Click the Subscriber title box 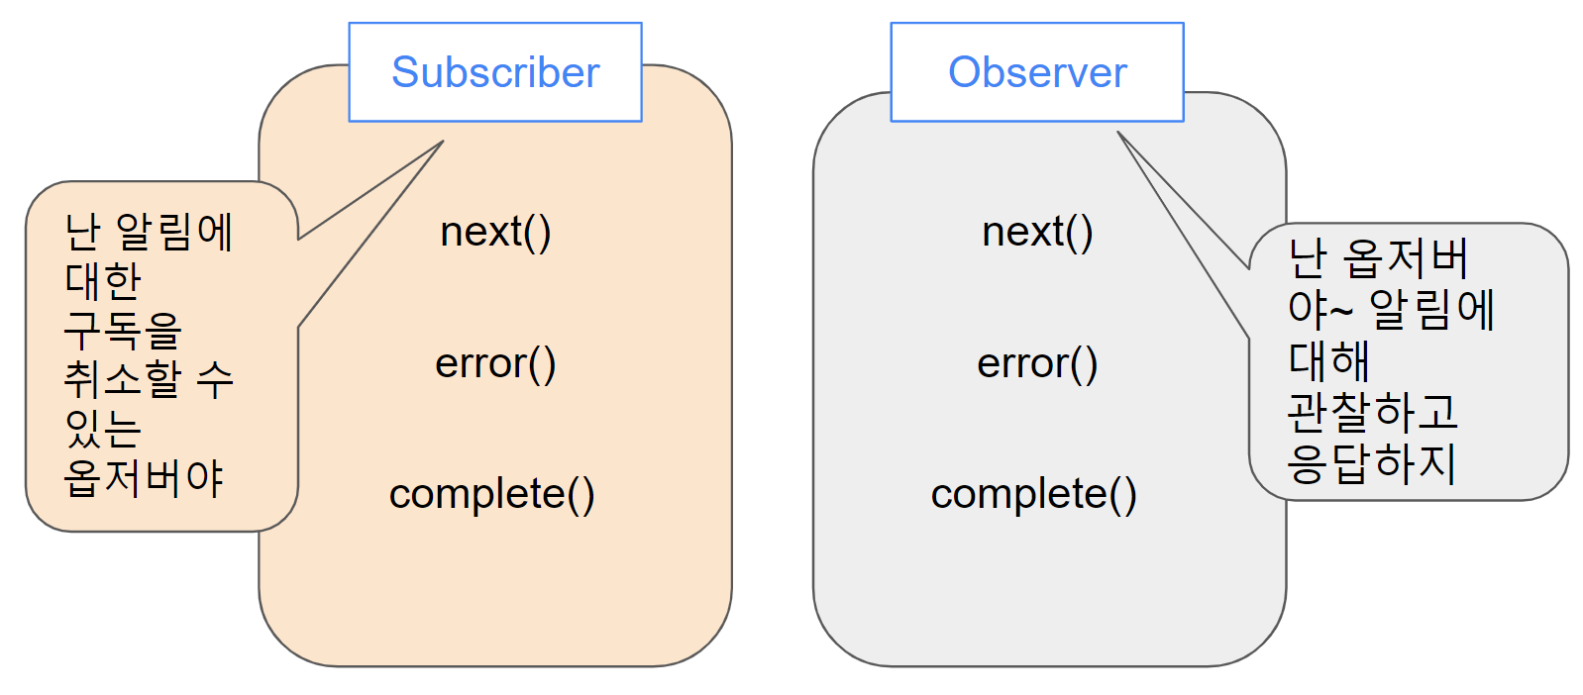(495, 72)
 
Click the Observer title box (1037, 72)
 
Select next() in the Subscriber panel (495, 232)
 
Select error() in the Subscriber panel (495, 363)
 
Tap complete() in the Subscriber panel (491, 494)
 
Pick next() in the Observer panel (1037, 232)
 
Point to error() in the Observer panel (1037, 363)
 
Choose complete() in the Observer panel (1033, 494)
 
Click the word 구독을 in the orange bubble (123, 330)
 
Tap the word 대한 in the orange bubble (103, 281)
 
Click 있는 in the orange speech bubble (103, 428)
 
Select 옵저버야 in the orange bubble (144, 478)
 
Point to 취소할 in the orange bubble (123, 378)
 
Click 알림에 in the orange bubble (174, 233)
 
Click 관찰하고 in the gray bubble (1372, 412)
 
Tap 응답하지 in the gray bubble (1372, 463)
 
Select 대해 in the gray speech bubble (1328, 360)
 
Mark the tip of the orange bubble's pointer (443, 141)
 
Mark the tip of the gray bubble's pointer (1117, 131)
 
